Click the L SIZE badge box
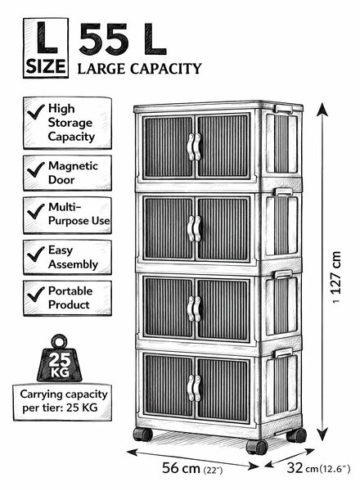(46, 48)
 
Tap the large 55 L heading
(123, 39)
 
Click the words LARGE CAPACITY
(139, 69)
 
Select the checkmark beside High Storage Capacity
(36, 112)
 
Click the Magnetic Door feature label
(73, 173)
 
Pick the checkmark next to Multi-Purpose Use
(36, 211)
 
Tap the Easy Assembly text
(73, 257)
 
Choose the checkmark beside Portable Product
(36, 295)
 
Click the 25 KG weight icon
(59, 358)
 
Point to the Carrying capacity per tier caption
(64, 401)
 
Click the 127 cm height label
(336, 273)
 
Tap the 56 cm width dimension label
(192, 468)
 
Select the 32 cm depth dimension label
(318, 468)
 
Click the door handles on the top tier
(194, 146)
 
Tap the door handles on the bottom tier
(194, 388)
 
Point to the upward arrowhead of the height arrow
(322, 110)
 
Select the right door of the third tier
(223, 309)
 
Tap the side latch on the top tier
(284, 109)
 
